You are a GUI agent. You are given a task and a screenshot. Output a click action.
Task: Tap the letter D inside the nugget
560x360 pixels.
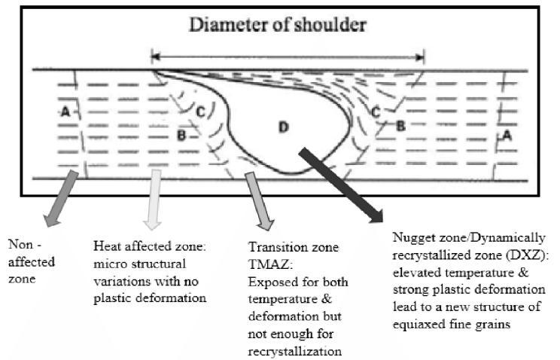(284, 127)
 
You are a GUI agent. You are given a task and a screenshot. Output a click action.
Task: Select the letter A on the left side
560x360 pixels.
(65, 111)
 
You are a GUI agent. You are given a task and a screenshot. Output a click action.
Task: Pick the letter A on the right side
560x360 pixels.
(507, 136)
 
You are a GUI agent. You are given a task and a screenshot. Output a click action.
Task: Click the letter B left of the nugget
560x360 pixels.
(181, 136)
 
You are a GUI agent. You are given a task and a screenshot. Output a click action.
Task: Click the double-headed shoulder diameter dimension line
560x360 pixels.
(288, 55)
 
